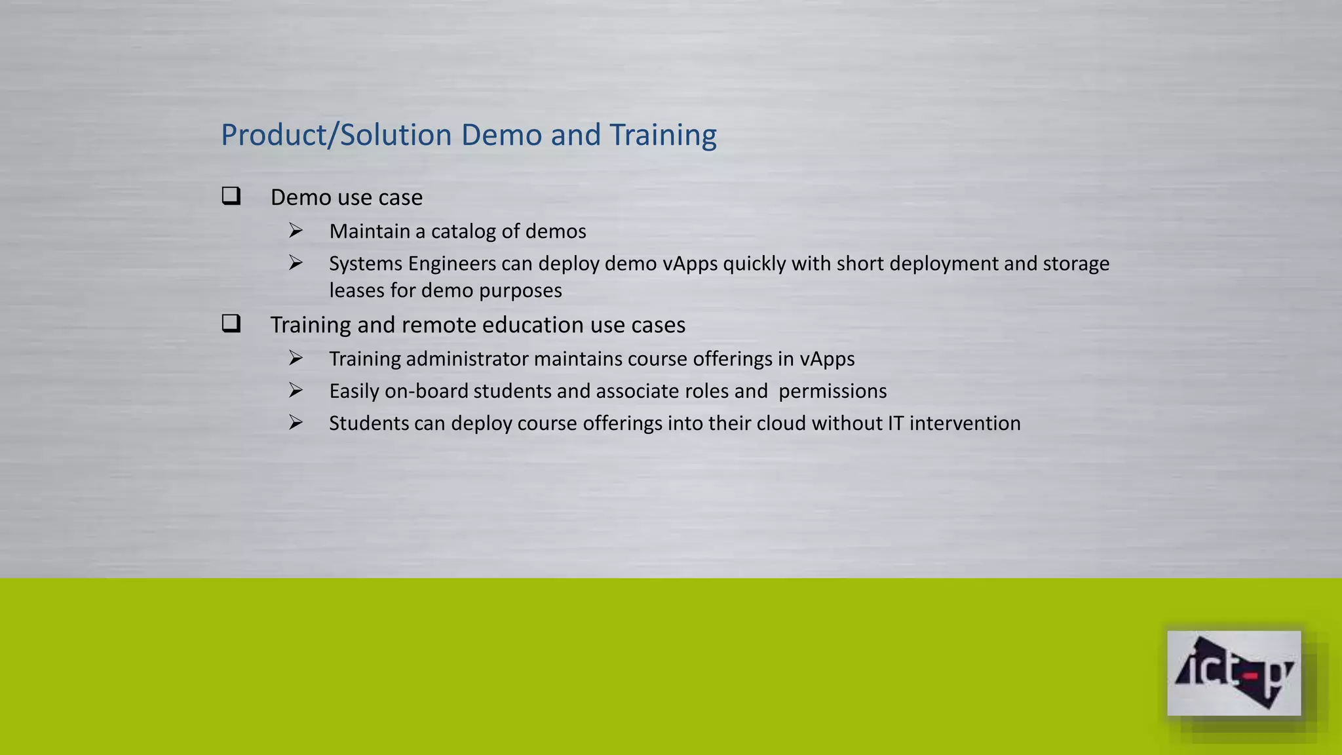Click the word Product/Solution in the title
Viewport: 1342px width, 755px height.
coord(336,135)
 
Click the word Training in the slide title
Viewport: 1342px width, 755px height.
coord(662,135)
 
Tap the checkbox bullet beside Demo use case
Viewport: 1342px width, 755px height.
coord(231,196)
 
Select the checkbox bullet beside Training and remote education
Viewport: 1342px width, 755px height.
coord(231,324)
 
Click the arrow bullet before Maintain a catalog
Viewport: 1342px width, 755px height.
coord(296,231)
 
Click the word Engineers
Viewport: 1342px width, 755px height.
coord(451,263)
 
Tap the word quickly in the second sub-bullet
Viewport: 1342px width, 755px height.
coord(754,263)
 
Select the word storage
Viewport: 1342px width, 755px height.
coord(1076,263)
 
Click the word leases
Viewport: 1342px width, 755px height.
coord(356,290)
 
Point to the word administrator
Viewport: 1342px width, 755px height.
coord(467,359)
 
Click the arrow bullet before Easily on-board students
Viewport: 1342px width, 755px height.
coord(296,391)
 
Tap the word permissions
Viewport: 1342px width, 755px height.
coord(832,391)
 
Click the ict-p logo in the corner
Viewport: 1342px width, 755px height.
coord(1233,673)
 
